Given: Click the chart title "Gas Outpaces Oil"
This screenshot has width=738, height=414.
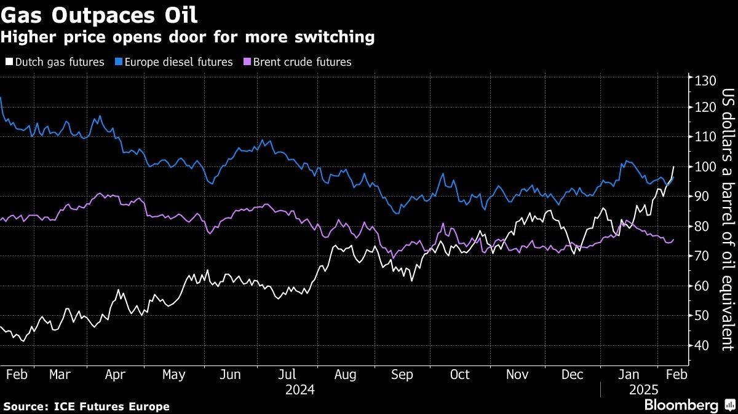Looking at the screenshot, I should [99, 14].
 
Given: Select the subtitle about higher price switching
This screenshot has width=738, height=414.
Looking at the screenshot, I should [187, 37].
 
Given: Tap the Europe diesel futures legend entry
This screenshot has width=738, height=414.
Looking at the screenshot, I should [176, 62].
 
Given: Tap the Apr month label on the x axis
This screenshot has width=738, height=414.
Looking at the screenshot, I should [116, 374].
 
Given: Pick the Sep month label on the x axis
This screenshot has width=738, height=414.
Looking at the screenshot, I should [402, 374].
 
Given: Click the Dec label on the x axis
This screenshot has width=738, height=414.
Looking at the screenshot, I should [573, 374].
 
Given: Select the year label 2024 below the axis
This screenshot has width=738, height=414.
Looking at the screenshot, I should [300, 390].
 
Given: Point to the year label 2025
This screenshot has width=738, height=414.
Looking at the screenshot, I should [643, 390].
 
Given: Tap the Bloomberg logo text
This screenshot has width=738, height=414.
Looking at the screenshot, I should [681, 405].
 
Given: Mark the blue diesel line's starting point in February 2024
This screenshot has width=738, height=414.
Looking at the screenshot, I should [1, 97].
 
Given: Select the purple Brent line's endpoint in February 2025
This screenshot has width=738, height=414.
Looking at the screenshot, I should [673, 240].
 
